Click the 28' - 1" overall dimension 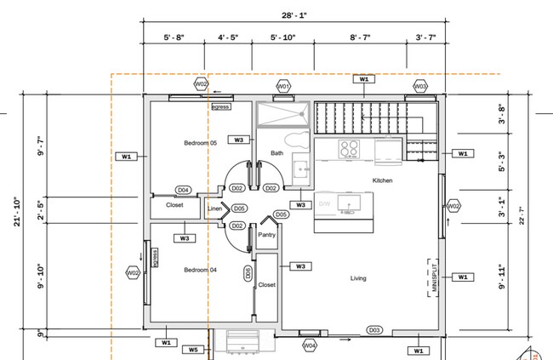coord(297,15)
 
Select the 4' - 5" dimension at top coord(232,38)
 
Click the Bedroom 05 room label coord(200,143)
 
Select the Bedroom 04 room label coord(200,270)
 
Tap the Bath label coord(277,153)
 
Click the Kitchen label coord(382,181)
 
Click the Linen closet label coord(215,208)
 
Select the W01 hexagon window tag coord(284,87)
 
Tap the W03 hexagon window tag coord(420,87)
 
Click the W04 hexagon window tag coord(310,346)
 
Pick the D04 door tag coord(183,190)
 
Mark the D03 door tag coord(373,329)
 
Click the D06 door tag coord(248,273)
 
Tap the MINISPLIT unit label coord(434,277)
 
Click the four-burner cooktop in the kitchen coord(350,149)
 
